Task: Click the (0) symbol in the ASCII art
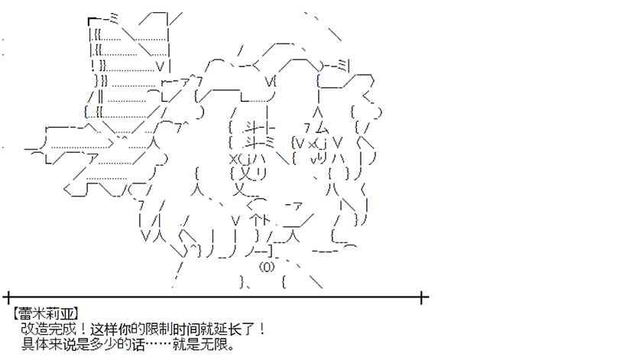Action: point(266,268)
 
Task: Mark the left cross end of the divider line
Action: point(7,297)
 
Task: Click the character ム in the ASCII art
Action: point(322,128)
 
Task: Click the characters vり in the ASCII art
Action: point(317,159)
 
